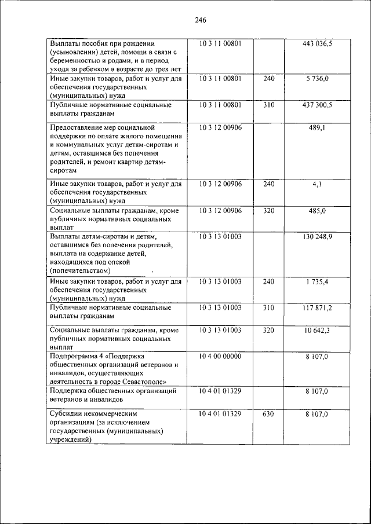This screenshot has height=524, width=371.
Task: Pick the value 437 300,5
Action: tap(317, 105)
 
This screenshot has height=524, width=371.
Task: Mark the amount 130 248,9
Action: tap(317, 237)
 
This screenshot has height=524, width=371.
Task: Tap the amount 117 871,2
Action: tap(317, 308)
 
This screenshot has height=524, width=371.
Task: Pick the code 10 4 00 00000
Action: tap(220, 357)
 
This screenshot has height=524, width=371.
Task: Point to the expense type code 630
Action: tap(268, 415)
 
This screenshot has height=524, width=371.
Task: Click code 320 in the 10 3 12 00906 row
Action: tap(268, 211)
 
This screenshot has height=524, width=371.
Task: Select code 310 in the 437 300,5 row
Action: tap(268, 105)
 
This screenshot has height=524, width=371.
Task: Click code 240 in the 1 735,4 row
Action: tap(268, 282)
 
